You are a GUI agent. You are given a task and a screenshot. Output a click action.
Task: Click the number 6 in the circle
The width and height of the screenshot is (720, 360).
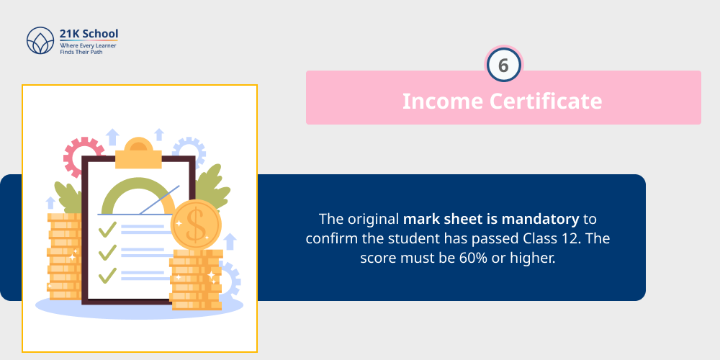503,66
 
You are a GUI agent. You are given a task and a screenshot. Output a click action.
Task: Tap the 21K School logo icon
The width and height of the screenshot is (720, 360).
40,41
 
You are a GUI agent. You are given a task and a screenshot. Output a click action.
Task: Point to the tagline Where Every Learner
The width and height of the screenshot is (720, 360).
88,45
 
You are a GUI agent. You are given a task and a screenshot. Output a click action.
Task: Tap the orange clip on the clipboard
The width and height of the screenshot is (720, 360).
138,153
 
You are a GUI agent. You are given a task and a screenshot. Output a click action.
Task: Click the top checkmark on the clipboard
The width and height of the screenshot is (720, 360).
107,229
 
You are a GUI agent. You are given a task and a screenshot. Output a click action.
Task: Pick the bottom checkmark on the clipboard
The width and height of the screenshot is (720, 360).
107,274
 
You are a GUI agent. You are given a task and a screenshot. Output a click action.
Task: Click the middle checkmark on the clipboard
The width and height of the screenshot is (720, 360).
107,252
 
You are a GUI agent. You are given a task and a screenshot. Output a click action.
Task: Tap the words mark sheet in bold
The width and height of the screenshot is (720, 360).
440,217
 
